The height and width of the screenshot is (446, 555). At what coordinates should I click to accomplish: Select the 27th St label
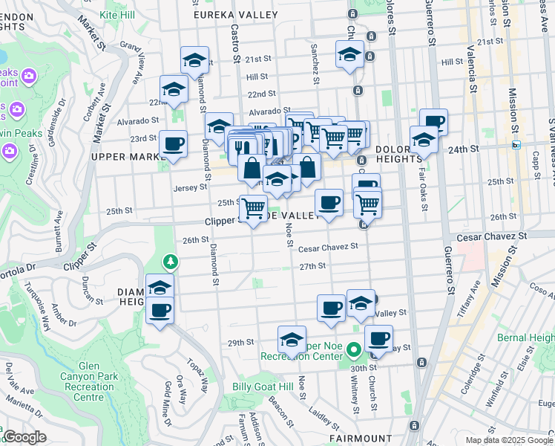pyautogui.click(x=312, y=265)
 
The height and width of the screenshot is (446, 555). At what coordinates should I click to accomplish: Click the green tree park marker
pyautogui.click(x=171, y=261)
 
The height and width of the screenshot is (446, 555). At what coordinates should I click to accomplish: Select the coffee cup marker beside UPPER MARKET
pyautogui.click(x=173, y=143)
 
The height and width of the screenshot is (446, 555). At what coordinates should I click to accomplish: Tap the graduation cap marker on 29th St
pyautogui.click(x=292, y=339)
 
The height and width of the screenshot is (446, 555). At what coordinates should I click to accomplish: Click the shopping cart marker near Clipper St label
pyautogui.click(x=253, y=208)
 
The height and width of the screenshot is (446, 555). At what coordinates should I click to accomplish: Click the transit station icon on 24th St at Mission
pyautogui.click(x=516, y=146)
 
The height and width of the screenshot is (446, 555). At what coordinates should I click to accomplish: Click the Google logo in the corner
pyautogui.click(x=24, y=438)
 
